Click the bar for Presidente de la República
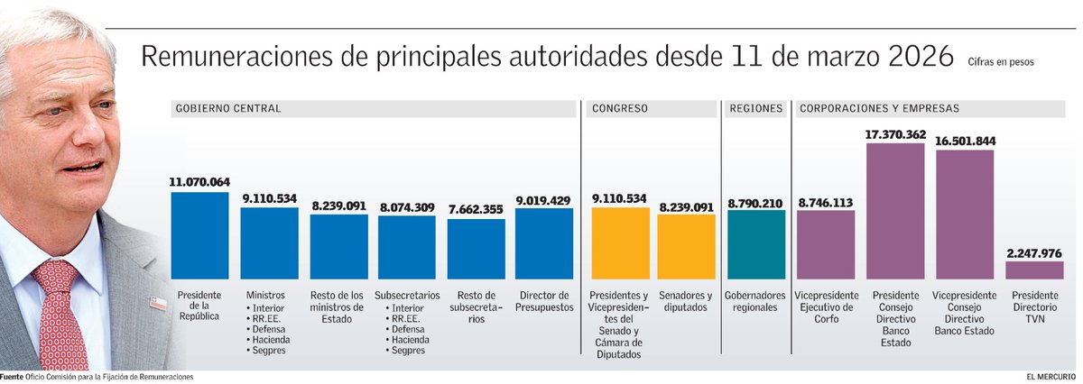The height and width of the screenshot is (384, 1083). coord(199,235)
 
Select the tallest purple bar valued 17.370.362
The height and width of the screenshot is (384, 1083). coord(895,211)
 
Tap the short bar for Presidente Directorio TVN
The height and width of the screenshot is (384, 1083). coord(1034,270)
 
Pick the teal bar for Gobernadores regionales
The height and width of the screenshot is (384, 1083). coord(756,244)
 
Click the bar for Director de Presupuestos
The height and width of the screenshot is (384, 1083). coord(544,243)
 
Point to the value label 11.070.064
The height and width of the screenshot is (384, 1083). coord(199,182)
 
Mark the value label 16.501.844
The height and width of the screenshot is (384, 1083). coord(965,141)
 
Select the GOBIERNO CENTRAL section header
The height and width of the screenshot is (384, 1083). coord(228,108)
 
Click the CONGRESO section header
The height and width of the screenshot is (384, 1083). coord(620,108)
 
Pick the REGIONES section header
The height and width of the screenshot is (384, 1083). coord(756,108)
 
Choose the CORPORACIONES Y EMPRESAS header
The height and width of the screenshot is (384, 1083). coord(879,108)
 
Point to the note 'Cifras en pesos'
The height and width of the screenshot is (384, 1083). coord(1000,63)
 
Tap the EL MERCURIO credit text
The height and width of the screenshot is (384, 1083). coord(1050,376)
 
